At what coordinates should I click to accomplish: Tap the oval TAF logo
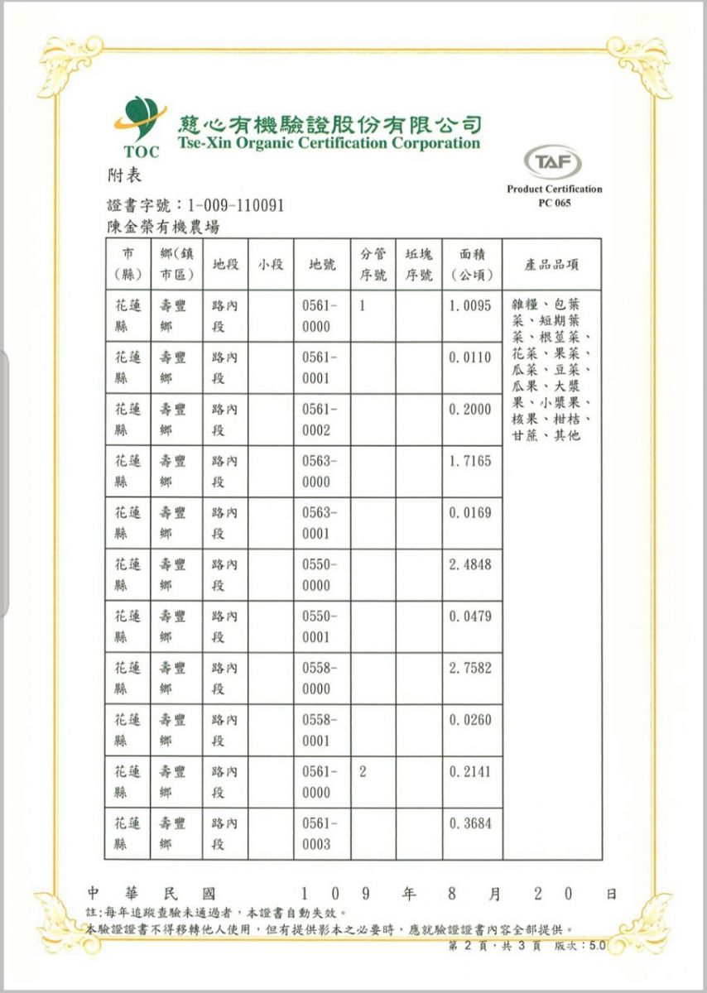pos(553,162)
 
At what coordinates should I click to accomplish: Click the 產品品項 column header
pos(552,265)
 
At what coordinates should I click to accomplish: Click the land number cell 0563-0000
pos(320,472)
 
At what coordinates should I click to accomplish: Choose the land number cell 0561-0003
pos(320,834)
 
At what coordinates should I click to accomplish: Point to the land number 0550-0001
pos(320,626)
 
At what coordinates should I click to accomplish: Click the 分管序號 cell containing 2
pos(363,771)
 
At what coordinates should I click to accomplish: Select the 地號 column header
pos(321,265)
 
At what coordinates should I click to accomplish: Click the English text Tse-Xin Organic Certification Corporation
pos(328,144)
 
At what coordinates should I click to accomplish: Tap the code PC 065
pos(554,204)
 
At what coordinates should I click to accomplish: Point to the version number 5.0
pos(597,945)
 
